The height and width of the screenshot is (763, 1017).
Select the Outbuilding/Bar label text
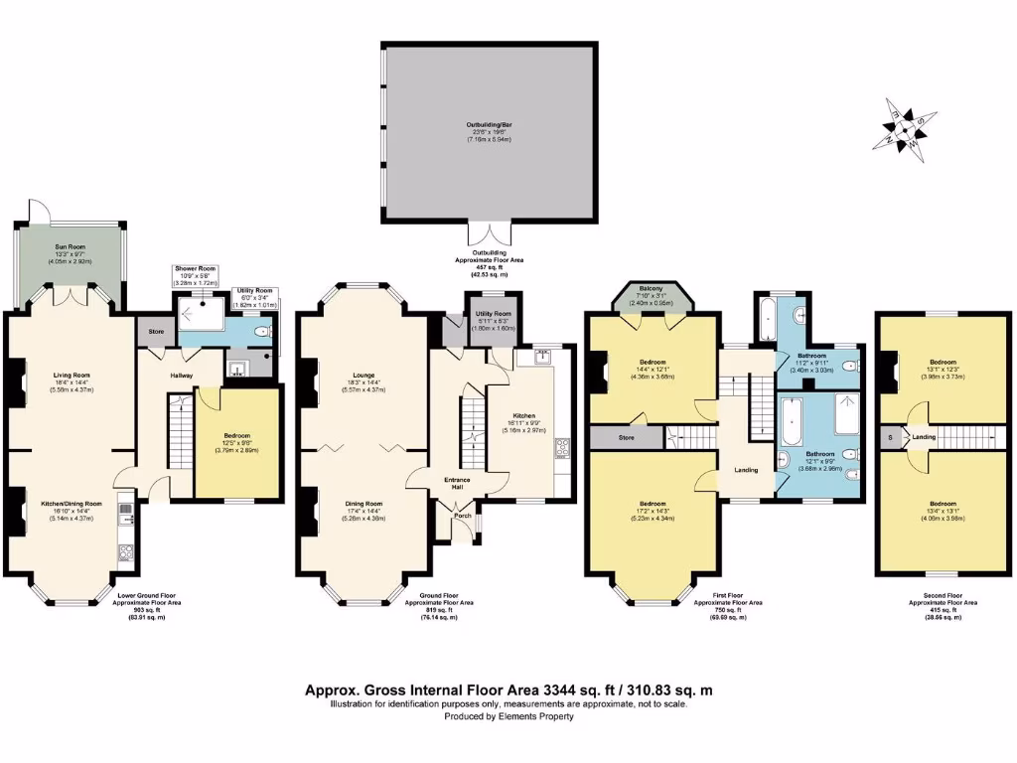coord(488,126)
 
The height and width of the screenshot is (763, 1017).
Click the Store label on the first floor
coord(626,436)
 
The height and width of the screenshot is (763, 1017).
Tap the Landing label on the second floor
coord(925,436)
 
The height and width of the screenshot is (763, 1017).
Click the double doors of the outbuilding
coord(488,232)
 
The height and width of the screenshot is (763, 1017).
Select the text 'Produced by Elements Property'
coord(508,716)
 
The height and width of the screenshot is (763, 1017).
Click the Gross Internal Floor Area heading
coord(508,689)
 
